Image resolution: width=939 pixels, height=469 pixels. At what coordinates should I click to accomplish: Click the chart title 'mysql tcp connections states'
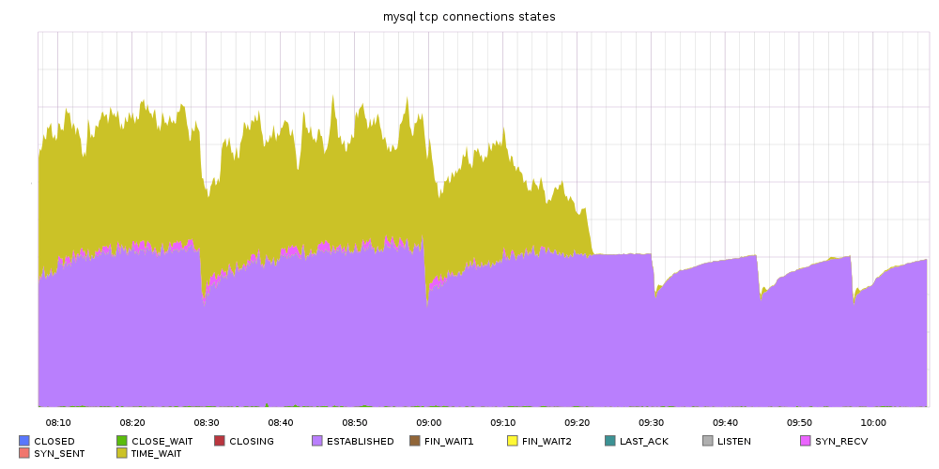coord(469,17)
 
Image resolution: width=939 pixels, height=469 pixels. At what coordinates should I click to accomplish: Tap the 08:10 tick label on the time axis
coord(58,423)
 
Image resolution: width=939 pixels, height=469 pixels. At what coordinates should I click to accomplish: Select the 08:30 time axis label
coord(207,423)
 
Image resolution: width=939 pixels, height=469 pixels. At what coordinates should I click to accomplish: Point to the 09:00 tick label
coord(429,423)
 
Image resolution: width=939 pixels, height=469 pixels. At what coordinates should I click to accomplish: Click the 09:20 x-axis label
coord(577,423)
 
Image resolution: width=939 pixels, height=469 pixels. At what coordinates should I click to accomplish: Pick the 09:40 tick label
coord(726,423)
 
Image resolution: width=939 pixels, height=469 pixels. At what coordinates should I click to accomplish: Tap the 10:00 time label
coord(874,423)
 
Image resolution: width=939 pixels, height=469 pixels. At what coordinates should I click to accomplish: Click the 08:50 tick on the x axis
coord(355,423)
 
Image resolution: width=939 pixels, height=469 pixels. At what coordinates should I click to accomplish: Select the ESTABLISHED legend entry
coord(360,441)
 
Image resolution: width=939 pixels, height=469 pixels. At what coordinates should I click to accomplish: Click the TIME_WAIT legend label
coord(156,453)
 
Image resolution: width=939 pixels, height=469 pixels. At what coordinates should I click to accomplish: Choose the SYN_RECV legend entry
coord(840,441)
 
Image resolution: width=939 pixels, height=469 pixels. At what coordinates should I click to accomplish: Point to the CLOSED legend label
coord(54,441)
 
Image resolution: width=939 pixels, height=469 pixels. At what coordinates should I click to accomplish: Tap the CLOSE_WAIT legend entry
coord(162,441)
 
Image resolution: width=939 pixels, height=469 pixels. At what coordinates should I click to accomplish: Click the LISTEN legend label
coord(733,441)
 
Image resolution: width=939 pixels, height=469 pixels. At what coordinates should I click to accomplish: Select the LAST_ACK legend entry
coord(643,441)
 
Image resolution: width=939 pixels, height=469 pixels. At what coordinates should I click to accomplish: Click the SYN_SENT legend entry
coord(59,453)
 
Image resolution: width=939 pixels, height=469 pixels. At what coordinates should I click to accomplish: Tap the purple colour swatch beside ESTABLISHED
coord(317,441)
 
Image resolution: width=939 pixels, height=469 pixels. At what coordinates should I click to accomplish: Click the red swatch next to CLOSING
coord(220,441)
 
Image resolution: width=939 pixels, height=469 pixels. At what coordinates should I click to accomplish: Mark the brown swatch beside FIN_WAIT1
coord(415,441)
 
